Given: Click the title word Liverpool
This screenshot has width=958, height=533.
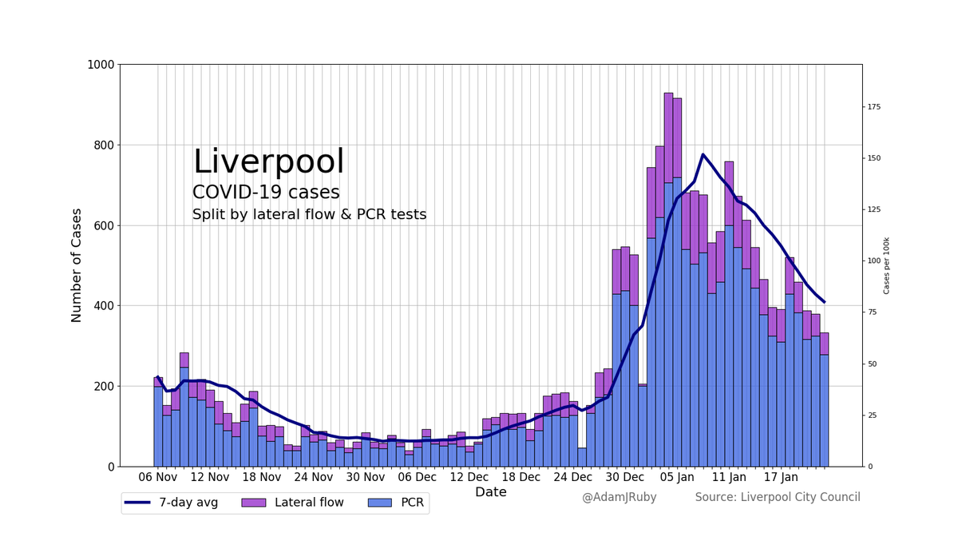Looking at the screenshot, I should (268, 162).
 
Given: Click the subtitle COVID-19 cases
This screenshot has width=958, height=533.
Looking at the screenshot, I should (266, 193).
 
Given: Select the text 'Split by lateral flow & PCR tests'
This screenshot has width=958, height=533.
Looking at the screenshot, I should (309, 215).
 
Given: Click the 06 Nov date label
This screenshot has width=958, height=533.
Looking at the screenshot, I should (157, 478).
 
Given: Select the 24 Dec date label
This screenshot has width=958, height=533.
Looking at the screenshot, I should (572, 478).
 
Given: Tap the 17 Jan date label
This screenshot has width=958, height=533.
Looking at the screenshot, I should (781, 478).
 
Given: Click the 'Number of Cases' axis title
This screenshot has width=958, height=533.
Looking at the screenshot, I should (77, 265).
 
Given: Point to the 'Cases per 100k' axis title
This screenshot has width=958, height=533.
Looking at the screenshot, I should (886, 265).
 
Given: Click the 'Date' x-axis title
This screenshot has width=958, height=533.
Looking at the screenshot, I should (490, 492).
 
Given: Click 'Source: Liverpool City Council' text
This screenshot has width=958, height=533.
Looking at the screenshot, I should (777, 497).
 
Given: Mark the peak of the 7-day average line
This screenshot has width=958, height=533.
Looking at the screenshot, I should (703, 154).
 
